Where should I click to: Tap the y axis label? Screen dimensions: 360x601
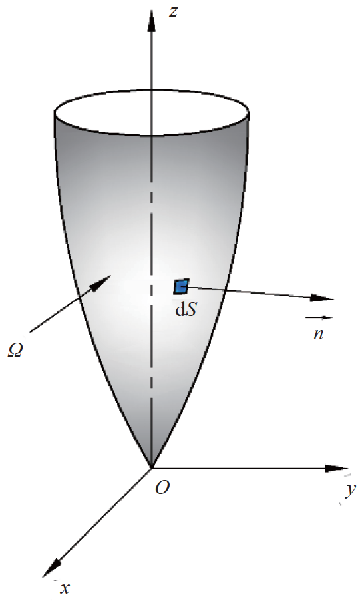pos(349,490)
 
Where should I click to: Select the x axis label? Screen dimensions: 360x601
pos(65,588)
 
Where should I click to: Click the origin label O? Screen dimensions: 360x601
pos(162,488)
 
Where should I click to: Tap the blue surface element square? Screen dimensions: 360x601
pos(181,286)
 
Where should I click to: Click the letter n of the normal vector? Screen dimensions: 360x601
pos(319,333)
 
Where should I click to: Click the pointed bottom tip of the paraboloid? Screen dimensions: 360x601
pos(152,466)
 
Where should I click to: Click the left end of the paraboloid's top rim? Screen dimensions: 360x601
pos(55,113)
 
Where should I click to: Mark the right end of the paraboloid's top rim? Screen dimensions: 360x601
pos(251,113)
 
